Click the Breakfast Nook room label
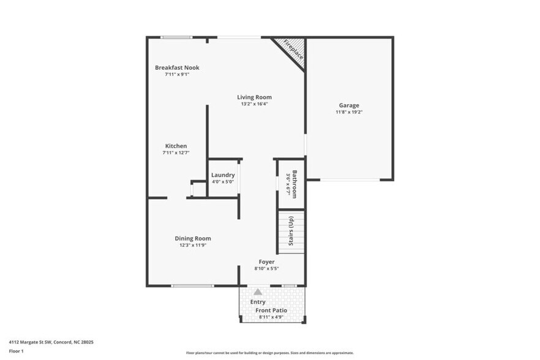tap(176, 67)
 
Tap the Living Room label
tap(254, 97)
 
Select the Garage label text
tap(349, 105)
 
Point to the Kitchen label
tap(176, 146)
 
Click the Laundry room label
tap(223, 175)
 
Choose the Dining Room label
tap(193, 238)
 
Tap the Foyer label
tap(266, 261)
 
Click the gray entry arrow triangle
tap(258, 292)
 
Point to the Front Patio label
tap(271, 310)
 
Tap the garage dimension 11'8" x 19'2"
tap(349, 112)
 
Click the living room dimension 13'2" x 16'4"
tap(254, 103)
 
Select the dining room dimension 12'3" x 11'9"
tap(193, 245)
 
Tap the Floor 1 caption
tap(16, 351)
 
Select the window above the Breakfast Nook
tap(176, 37)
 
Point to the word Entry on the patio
tap(258, 302)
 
